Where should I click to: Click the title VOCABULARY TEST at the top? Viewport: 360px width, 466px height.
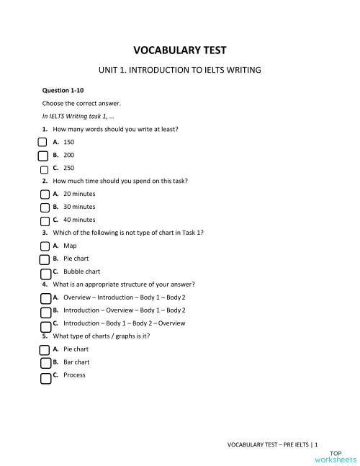pos(180,50)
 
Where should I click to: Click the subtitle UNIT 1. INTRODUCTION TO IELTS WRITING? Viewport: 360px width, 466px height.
pos(179,71)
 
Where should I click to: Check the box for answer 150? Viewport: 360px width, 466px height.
pos(42,143)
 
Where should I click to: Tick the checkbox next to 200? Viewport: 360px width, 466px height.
pos(42,155)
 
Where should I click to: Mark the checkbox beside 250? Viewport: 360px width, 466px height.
pos(45,169)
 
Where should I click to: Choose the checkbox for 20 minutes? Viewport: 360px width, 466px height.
pos(45,194)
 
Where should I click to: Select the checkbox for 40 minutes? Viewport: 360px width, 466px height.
pos(45,220)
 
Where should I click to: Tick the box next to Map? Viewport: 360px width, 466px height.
pos(45,246)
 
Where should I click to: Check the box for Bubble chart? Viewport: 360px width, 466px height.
pos(45,273)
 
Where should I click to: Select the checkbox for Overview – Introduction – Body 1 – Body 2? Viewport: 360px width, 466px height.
pos(45,298)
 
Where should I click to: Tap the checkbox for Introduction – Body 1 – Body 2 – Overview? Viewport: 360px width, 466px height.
pos(45,324)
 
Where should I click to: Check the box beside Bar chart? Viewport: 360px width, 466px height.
pos(45,363)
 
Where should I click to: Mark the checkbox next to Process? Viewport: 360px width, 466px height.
pos(45,377)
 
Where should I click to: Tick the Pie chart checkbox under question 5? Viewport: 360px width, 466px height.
pos(45,350)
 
